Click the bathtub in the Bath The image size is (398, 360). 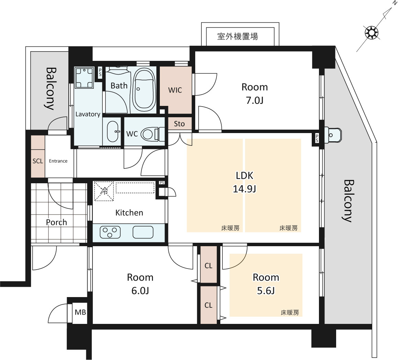[x=144, y=89]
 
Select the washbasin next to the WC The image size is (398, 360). [x=113, y=131]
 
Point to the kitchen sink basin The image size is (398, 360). [x=143, y=232]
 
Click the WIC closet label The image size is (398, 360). [x=175, y=90]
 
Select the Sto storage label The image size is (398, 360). [x=179, y=124]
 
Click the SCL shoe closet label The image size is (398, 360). [x=38, y=161]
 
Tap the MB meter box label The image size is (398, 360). [x=80, y=312]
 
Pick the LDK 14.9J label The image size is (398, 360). [x=244, y=182]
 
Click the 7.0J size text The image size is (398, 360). [x=254, y=100]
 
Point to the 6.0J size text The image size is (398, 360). [x=140, y=291]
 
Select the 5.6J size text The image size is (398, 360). [x=266, y=291]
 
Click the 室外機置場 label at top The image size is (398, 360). [x=237, y=36]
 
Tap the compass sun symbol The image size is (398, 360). [x=371, y=33]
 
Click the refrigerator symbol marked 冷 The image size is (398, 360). [x=104, y=191]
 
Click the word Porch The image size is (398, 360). [x=56, y=222]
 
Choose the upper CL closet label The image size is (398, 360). [x=208, y=266]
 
